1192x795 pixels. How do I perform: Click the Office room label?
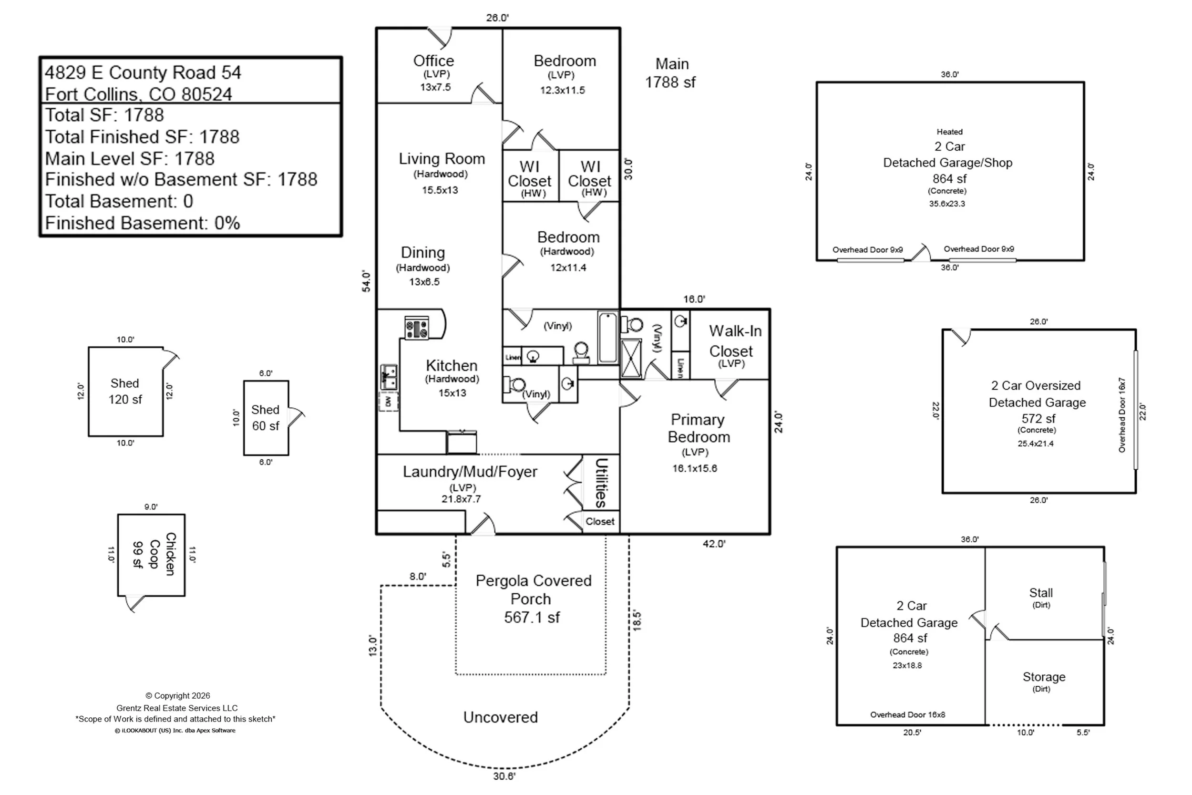coord(433,62)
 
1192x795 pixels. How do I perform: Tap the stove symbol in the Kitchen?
coord(417,328)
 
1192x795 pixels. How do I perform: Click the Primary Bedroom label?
coord(698,428)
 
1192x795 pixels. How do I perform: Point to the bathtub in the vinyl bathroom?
coord(607,337)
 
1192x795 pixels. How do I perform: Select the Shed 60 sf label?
coord(266,418)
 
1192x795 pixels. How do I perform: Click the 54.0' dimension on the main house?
coord(366,281)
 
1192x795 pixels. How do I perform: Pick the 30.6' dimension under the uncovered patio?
coord(504,776)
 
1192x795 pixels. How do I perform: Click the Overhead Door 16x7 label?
coord(1121,415)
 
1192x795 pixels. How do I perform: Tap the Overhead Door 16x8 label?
coord(907,714)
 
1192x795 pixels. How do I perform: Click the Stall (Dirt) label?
coord(1040,597)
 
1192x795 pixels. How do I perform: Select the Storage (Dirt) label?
coord(1044,681)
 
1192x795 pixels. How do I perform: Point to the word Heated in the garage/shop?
coord(949,132)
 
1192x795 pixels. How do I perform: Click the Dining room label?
coord(422,252)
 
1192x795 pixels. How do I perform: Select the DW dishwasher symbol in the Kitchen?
coord(388,402)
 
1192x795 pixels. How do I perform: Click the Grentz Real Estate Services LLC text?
coord(177,708)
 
